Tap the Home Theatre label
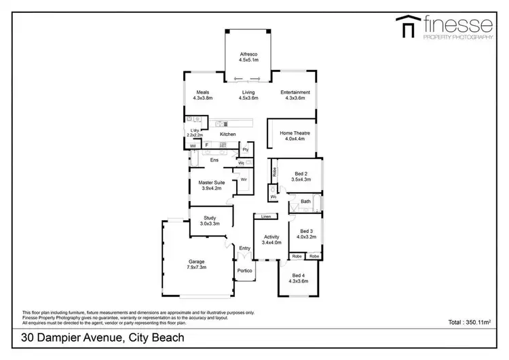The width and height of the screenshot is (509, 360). [x=295, y=133]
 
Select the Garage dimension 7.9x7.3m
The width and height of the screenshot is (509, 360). [x=196, y=267]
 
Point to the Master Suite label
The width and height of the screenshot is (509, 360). [x=212, y=182]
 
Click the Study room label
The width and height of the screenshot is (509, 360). [x=210, y=217]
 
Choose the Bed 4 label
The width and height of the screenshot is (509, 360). [x=299, y=274]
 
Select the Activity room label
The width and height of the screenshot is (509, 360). [x=271, y=236]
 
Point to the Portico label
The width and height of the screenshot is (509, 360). [x=244, y=271]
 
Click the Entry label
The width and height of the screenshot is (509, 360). [x=244, y=249]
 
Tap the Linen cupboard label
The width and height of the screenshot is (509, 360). [x=266, y=216]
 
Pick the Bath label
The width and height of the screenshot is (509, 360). [x=306, y=201]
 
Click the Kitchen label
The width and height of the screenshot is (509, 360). [x=227, y=134]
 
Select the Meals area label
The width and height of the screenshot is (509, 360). [x=202, y=92]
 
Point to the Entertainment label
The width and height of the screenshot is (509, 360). [x=295, y=92]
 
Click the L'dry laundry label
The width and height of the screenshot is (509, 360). [x=195, y=130]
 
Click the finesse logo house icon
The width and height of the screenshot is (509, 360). [x=409, y=27]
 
